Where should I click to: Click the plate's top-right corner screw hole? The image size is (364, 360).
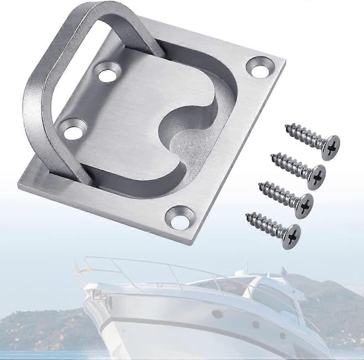coord(260,67)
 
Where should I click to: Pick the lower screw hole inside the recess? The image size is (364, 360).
coord(74,129)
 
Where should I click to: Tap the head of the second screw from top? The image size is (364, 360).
coord(316,177)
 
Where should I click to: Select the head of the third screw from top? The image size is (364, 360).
coord(304,206)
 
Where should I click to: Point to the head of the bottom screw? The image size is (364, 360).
coord(291,236)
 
